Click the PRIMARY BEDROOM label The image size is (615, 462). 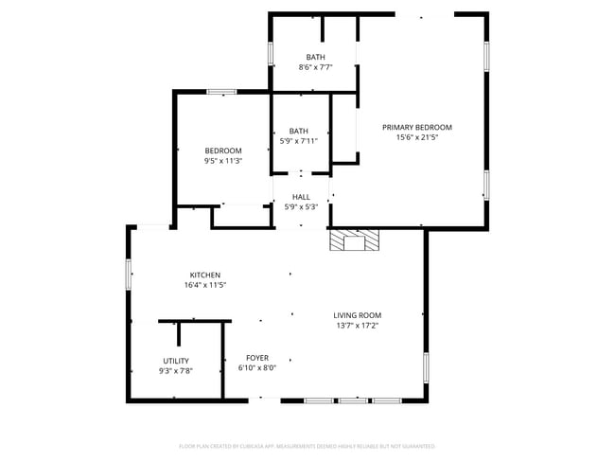(x=416, y=127)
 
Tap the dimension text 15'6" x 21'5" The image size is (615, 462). (x=416, y=137)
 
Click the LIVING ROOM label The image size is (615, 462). (x=357, y=315)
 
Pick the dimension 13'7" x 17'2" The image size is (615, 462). (x=357, y=326)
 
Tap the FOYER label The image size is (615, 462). (x=256, y=358)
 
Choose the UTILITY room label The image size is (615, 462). (x=176, y=361)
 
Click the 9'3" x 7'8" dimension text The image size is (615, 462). (x=176, y=371)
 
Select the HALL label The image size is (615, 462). (x=301, y=197)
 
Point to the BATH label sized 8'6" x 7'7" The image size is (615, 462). (x=315, y=57)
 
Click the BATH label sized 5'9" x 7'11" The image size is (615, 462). (x=299, y=131)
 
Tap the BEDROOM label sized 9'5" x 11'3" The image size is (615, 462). (x=223, y=151)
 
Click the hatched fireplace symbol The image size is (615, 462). (x=353, y=240)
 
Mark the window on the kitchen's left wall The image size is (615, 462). (x=129, y=274)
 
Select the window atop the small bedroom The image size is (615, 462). (x=221, y=92)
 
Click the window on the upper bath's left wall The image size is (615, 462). (x=271, y=53)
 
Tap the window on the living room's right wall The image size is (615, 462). (x=426, y=365)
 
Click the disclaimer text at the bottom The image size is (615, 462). (x=307, y=445)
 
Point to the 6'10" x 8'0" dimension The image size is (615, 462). (x=256, y=368)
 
